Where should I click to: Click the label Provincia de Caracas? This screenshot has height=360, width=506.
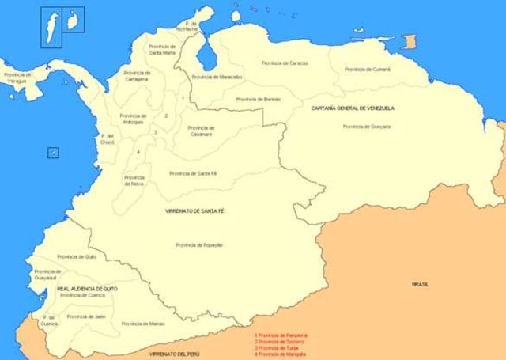click(285, 63)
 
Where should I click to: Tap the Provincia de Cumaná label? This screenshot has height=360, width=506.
click(368, 69)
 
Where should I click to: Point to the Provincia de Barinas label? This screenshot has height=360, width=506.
click(259, 99)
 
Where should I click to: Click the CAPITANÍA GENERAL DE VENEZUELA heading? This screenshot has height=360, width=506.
click(353, 108)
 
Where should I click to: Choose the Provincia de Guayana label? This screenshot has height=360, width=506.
click(367, 126)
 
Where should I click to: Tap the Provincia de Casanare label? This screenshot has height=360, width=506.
click(200, 131)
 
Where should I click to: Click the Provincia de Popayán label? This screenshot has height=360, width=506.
click(199, 245)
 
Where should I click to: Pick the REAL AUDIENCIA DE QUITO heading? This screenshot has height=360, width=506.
click(88, 289)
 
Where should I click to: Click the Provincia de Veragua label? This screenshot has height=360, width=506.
click(17, 77)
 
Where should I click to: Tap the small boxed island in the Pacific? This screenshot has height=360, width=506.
click(52, 152)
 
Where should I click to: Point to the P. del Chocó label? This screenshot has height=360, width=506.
click(108, 139)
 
